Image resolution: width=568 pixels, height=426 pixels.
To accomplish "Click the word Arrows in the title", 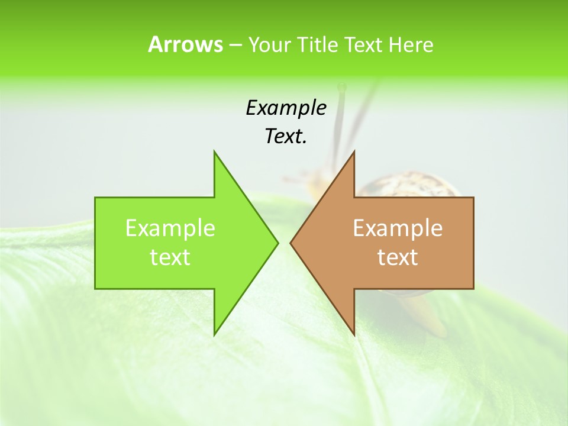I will [185, 44].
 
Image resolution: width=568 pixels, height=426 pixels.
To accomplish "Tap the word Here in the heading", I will [411, 45].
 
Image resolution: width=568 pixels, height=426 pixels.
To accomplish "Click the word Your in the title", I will [270, 45].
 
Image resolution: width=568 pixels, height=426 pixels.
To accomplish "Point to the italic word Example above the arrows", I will [286, 108].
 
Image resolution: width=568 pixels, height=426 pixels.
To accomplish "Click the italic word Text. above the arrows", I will [286, 137].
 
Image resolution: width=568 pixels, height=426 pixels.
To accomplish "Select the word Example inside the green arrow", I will [170, 228].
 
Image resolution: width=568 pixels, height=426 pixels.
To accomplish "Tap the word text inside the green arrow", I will [170, 257].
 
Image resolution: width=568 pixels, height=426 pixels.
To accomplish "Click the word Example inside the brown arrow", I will [398, 228].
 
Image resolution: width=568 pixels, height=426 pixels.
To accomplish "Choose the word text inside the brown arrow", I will [398, 257].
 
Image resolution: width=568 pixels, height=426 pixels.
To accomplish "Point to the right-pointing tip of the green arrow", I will [277, 243].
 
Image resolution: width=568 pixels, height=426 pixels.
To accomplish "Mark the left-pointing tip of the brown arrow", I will [291, 243].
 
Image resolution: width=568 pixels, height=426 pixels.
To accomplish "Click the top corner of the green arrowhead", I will [214, 151].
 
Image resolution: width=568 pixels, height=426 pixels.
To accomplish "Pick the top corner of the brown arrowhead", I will [354, 151].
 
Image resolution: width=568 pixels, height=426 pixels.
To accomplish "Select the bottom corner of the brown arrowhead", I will [354, 335].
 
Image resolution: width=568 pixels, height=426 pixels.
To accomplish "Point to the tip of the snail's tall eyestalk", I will [341, 88].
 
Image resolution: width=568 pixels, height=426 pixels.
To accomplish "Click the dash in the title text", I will [234, 45].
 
